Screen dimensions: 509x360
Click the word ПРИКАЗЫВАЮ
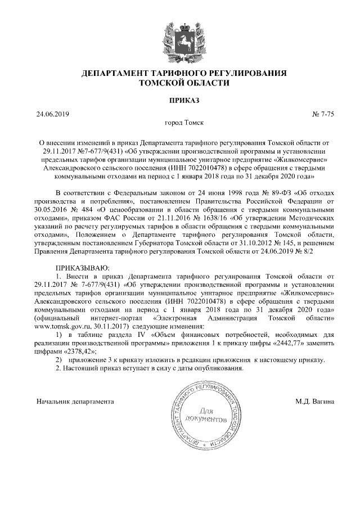click(x=84, y=268)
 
